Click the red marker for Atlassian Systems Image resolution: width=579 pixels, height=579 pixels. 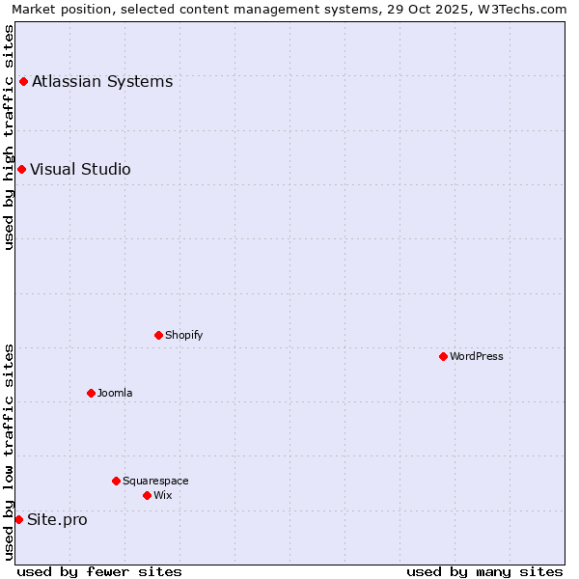coord(23,81)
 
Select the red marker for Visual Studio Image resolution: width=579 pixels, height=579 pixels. coord(21,170)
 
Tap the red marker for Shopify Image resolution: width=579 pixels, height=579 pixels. coord(158,335)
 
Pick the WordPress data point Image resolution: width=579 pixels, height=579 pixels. coord(443,356)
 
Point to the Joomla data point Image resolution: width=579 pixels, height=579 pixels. coord(91,393)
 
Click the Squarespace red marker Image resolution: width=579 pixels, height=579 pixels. coord(116,481)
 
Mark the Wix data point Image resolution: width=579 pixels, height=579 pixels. coord(147,495)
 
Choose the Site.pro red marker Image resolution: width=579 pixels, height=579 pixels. coord(18,519)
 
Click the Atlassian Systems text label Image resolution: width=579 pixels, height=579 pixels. coord(102,81)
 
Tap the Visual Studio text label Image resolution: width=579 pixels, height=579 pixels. coord(80,170)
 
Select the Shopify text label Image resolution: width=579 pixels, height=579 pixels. coord(183,335)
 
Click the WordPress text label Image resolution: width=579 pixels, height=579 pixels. coord(477,356)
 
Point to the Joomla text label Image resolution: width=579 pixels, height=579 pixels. coord(115,393)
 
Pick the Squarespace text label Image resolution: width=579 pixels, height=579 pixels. coord(155,481)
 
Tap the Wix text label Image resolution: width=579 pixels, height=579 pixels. coord(162,495)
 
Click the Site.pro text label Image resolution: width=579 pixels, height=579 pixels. coord(57,519)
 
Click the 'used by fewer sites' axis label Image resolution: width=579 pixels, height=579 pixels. coord(99,571)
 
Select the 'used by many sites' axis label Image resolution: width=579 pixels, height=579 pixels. coord(484,571)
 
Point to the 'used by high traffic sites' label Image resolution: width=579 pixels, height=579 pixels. coord(9,137)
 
